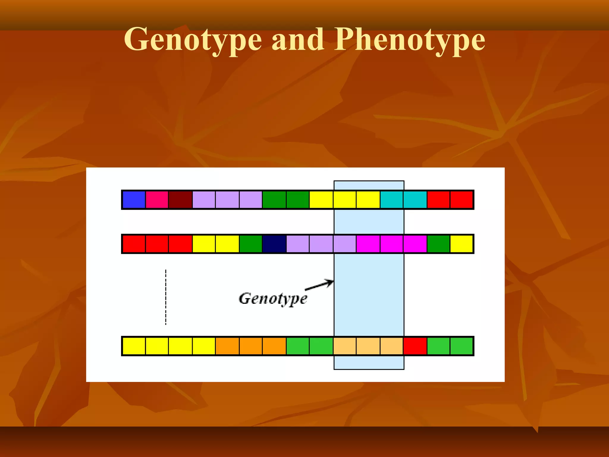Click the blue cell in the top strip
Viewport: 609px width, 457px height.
click(x=134, y=200)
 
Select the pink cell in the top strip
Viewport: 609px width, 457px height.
click(x=157, y=200)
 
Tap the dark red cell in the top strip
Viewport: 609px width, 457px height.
click(x=180, y=200)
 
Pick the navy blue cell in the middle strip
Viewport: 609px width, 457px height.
click(x=274, y=244)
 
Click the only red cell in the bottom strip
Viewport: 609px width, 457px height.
click(x=415, y=346)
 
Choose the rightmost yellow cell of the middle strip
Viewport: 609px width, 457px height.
click(x=462, y=244)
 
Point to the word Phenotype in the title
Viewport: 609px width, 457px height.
click(x=409, y=40)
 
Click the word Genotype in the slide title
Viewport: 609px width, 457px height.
click(x=193, y=40)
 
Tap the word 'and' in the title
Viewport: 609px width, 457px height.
click(x=298, y=40)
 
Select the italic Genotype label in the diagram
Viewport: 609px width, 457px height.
click(x=273, y=299)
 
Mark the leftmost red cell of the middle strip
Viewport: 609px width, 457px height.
click(x=134, y=244)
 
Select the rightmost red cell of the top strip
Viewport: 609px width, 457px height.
click(x=462, y=200)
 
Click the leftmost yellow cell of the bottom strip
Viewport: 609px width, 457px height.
click(x=134, y=346)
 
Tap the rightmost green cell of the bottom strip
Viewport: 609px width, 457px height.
click(x=462, y=346)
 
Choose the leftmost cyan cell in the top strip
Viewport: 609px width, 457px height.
click(x=392, y=200)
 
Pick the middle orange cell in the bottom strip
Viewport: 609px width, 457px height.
click(x=251, y=346)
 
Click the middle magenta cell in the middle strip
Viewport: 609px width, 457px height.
click(x=392, y=244)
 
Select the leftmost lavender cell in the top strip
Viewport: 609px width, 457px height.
click(x=204, y=200)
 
